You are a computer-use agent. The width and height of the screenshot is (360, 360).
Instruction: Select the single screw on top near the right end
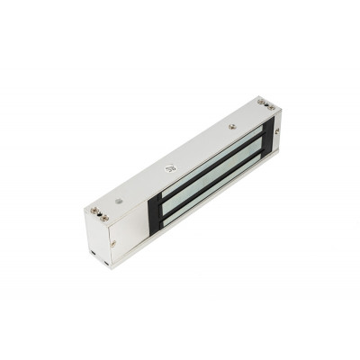point(232,127)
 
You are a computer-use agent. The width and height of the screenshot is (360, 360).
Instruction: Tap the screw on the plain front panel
point(112,242)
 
